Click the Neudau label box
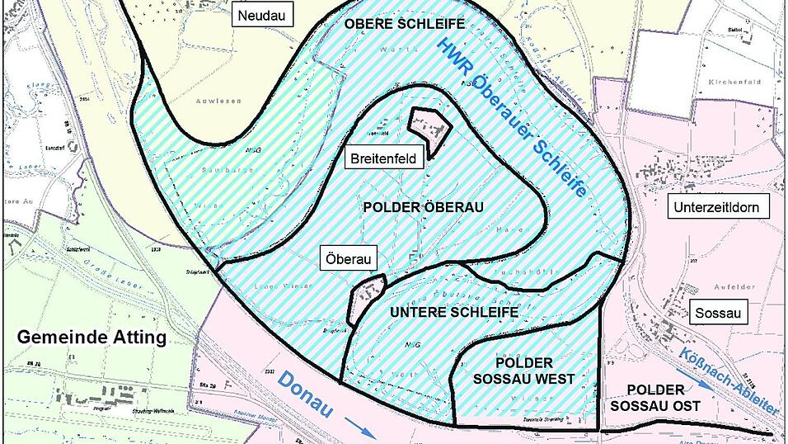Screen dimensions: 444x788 pos(256,14)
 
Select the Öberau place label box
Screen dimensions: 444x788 pos(347,259)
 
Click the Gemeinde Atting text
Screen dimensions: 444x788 pos(91,338)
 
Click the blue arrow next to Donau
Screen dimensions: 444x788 pos(357,424)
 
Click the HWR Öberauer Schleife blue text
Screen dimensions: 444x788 pos(514,115)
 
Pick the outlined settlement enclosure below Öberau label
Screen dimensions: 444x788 pos(368,298)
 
